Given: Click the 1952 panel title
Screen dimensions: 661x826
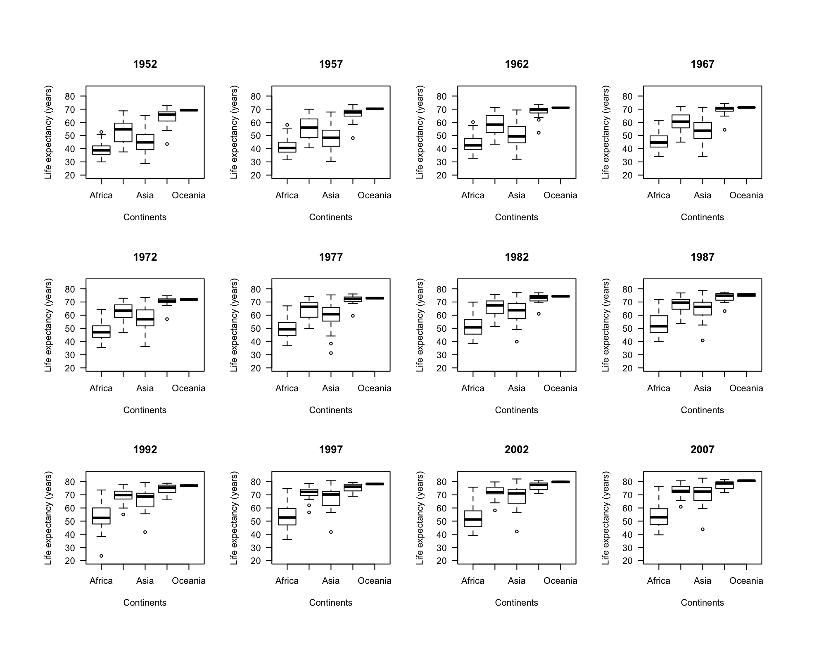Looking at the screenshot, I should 145,64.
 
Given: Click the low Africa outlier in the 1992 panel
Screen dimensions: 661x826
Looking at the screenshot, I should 101,556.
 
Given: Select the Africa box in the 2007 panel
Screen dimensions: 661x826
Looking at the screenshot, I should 659,516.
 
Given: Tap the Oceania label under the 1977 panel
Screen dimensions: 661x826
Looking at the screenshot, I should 374,388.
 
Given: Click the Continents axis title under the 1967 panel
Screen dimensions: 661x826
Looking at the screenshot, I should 702,217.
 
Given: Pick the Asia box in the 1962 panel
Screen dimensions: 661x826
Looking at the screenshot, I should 517,135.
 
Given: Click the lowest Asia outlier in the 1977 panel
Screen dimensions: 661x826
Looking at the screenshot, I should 331,353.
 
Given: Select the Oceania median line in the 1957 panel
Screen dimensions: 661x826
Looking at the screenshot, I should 375,109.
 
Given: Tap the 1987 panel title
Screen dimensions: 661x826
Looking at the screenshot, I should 702,257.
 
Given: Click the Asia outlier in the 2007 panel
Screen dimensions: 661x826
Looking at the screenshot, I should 703,529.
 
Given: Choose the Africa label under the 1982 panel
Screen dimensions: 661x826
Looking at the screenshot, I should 472,388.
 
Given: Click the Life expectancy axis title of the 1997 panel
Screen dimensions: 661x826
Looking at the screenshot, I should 234,518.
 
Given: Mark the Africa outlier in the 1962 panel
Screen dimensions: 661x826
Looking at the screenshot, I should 473,122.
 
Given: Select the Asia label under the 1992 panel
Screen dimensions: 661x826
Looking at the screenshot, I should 145,580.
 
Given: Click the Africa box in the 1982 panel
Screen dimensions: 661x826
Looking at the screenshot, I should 473,327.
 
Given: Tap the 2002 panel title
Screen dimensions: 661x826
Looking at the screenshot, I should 516,449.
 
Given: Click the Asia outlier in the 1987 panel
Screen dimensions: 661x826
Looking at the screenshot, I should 703,340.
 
